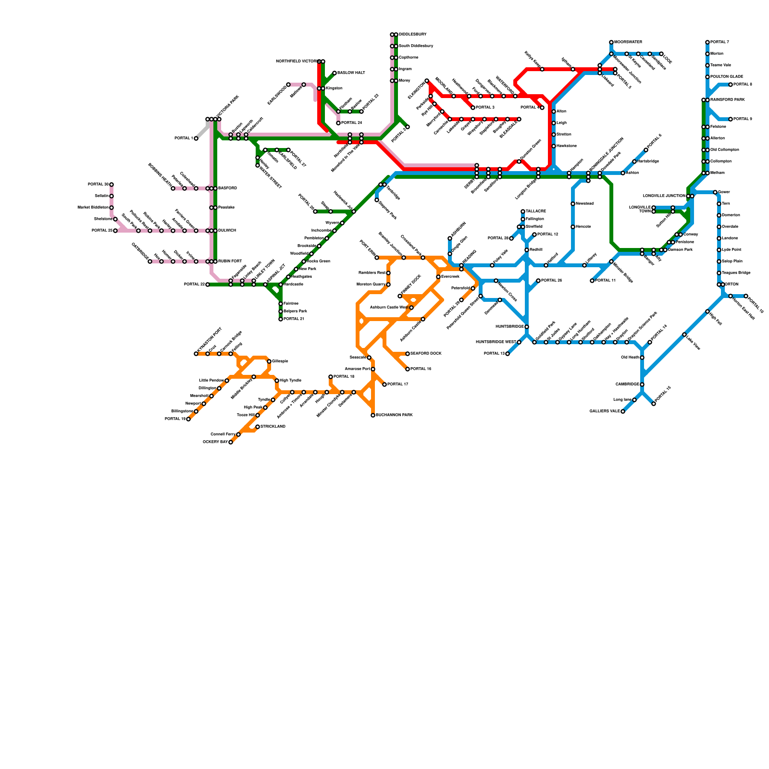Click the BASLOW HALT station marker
(335, 73)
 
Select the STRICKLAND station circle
(258, 427)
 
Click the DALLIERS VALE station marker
(623, 411)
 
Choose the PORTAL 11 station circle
(592, 281)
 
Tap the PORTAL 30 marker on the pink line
(112, 185)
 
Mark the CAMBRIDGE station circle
(642, 384)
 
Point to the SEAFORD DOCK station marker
(408, 354)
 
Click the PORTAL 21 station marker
(281, 319)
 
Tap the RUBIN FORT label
(230, 261)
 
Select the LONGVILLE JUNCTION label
(664, 196)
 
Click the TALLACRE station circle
(523, 211)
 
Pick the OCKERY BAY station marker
(231, 442)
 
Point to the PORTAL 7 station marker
(707, 42)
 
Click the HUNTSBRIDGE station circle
(527, 327)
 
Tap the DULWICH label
(227, 231)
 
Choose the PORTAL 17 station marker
(384, 384)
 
